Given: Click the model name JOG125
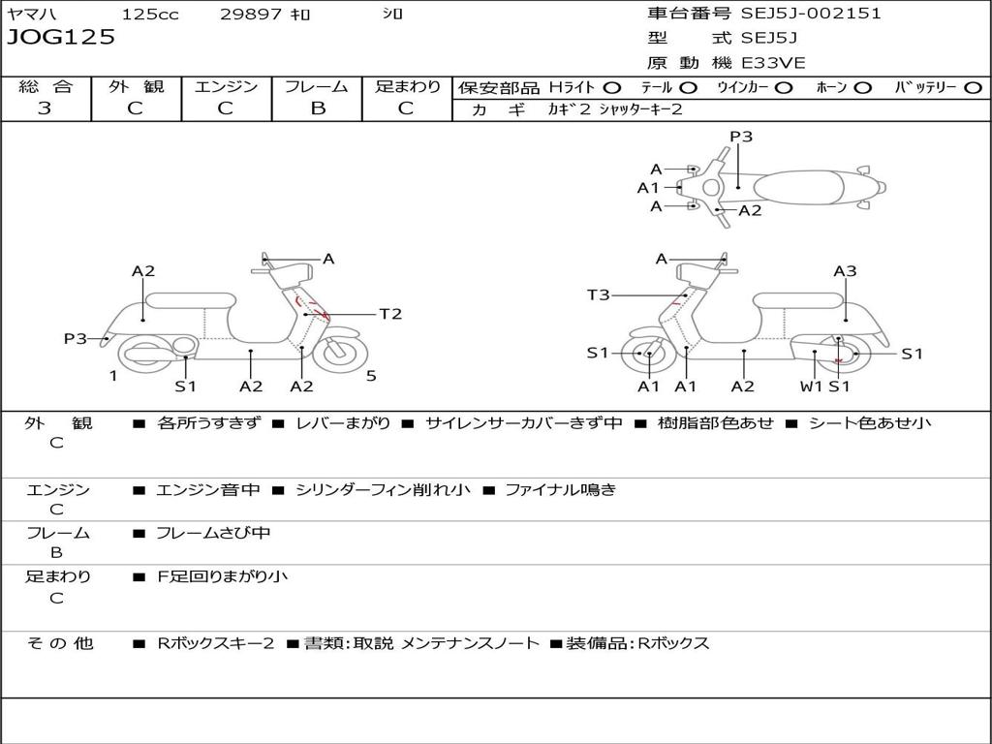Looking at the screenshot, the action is point(61,38).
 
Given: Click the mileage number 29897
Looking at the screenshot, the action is point(251,15).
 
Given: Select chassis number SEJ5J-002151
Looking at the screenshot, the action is point(811,14).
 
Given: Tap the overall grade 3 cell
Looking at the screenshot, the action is point(45,108).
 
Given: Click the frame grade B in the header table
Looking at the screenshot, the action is point(317,108).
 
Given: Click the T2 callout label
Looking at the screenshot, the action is point(389,314).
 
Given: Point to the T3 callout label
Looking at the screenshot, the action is point(598,294).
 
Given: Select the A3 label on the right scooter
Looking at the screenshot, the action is point(845,271).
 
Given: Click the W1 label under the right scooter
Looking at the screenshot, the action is point(811,387).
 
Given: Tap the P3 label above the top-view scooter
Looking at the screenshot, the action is point(741,137).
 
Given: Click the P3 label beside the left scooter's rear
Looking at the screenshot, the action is point(75,338).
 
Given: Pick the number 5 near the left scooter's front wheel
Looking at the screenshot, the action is point(371,376).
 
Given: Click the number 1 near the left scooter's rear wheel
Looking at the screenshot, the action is point(113,376).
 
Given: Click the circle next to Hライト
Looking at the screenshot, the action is point(612,87).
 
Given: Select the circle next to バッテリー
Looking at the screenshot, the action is point(973,87).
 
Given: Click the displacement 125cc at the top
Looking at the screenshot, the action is point(150,15).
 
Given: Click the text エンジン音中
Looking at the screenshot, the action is point(208,490).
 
